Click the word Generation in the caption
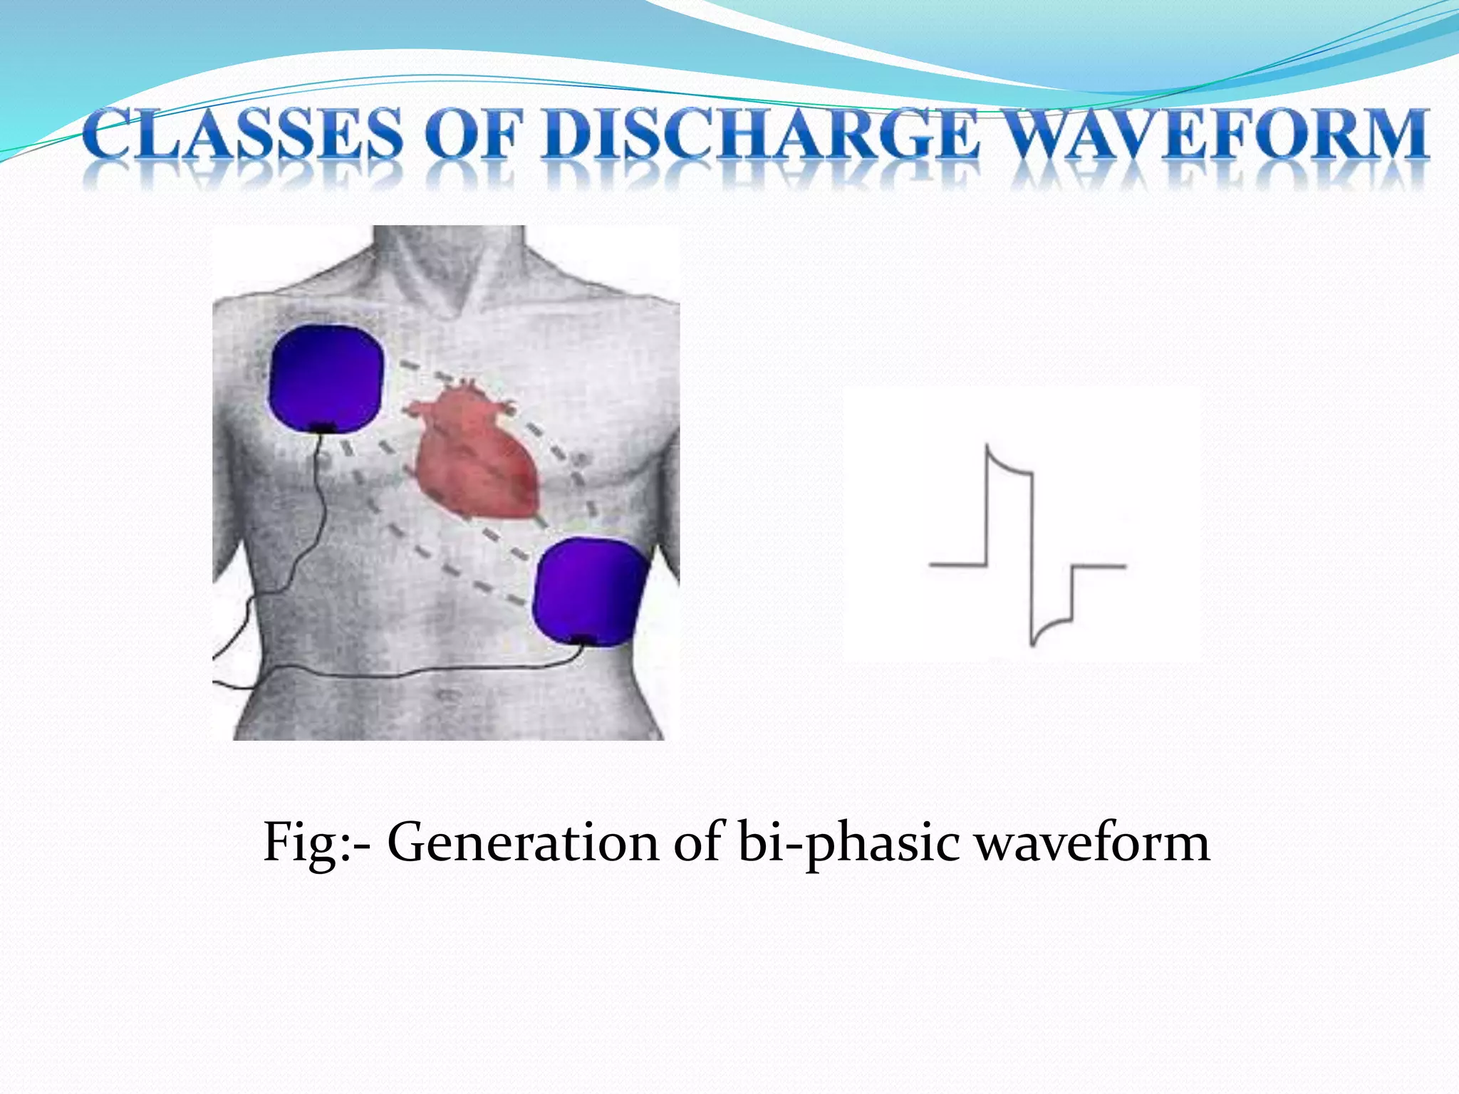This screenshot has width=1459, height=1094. click(524, 843)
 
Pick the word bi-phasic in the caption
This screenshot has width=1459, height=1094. click(848, 843)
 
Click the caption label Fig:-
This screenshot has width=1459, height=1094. click(316, 843)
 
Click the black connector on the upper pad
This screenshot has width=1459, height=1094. click(324, 427)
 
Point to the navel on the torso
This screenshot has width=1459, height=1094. click(447, 694)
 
